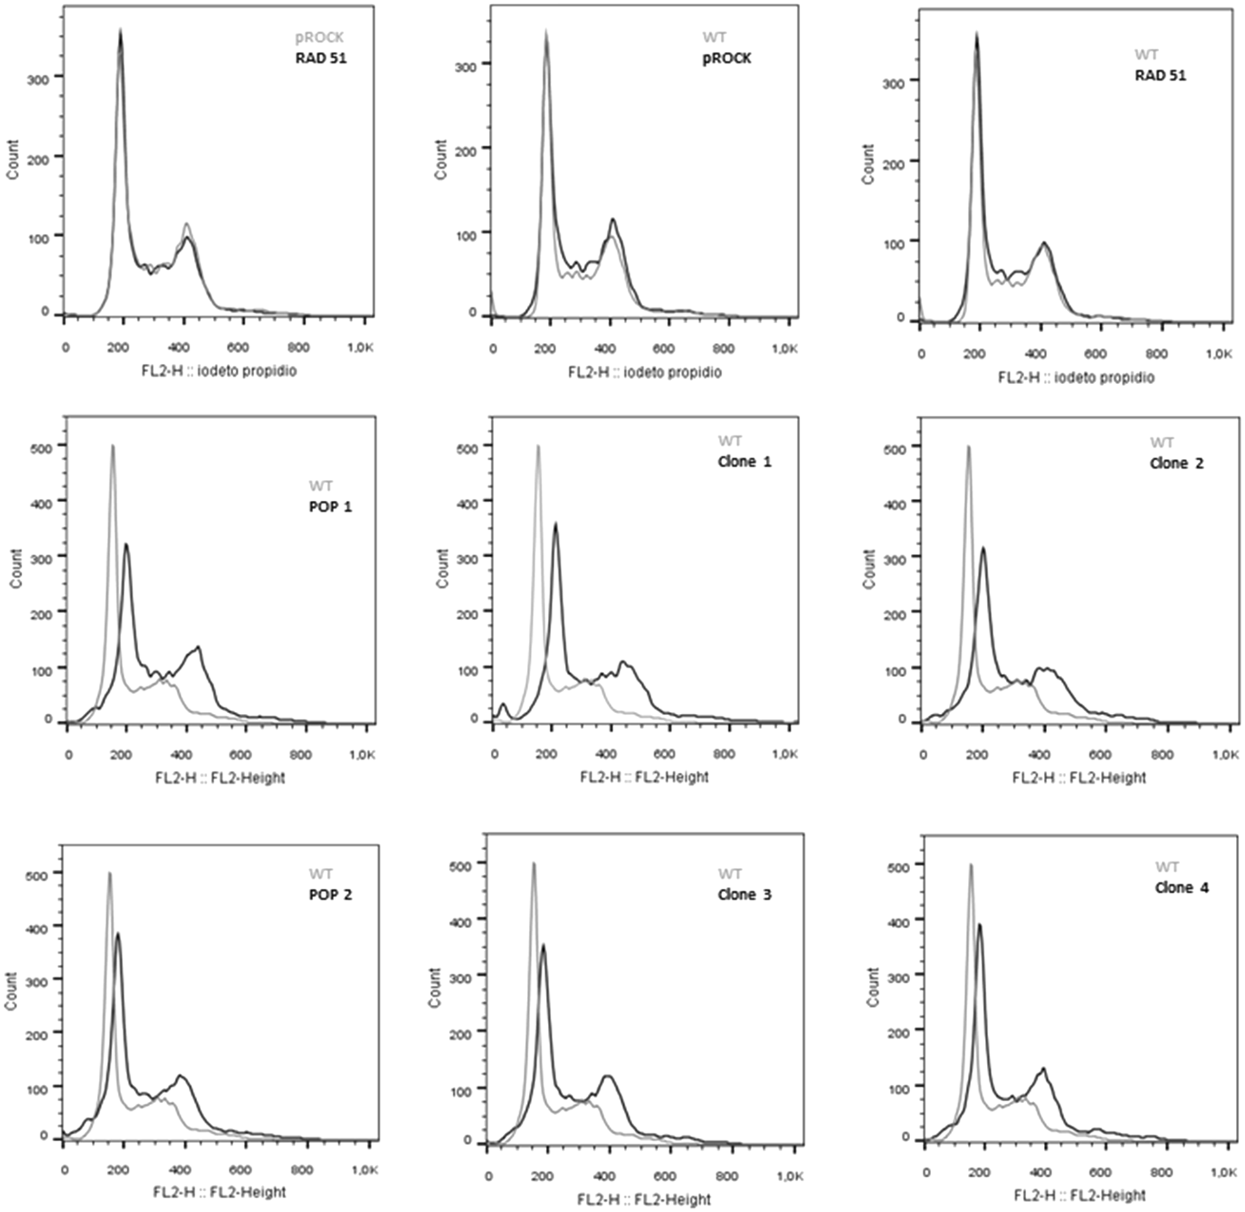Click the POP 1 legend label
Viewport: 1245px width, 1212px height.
[x=330, y=507]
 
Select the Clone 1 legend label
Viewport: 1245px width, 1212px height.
[x=744, y=461]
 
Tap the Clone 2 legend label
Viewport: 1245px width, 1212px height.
[x=1176, y=463]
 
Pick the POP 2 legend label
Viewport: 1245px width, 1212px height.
[x=330, y=894]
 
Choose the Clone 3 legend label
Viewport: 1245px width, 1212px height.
[x=744, y=894]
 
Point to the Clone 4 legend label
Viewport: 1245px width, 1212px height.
[x=1181, y=888]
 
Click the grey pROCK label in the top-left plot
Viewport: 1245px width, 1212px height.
[x=319, y=37]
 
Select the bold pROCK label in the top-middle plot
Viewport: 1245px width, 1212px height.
[x=727, y=58]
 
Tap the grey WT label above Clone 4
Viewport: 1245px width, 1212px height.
[x=1167, y=867]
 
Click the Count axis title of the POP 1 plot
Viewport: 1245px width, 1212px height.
[x=16, y=568]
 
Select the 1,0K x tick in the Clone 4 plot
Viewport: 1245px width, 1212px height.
[x=1223, y=1172]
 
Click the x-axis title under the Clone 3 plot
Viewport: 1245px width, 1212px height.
[x=643, y=1200]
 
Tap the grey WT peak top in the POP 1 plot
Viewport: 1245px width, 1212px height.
[x=113, y=446]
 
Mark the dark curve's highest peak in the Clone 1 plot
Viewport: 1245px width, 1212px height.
[x=556, y=524]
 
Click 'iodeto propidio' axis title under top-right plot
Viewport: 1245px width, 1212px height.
[x=1076, y=378]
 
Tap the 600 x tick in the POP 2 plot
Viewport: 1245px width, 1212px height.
[x=240, y=1169]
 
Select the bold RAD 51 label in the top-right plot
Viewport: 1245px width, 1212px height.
[x=1160, y=75]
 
